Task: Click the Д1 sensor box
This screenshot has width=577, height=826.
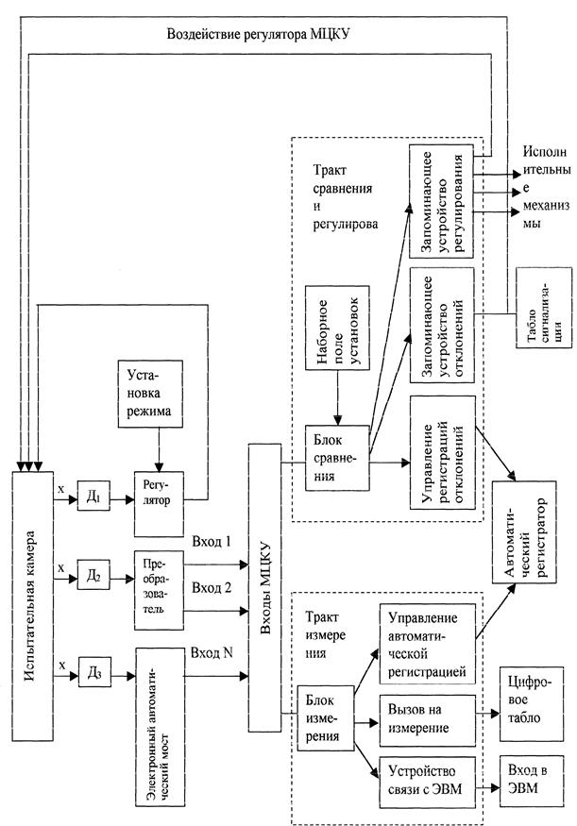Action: click(x=93, y=496)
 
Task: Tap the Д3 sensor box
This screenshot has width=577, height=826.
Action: click(x=94, y=671)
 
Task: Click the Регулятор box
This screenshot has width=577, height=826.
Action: click(x=160, y=503)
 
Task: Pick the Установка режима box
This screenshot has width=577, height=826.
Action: click(x=151, y=394)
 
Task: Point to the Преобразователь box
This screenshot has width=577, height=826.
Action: click(x=160, y=590)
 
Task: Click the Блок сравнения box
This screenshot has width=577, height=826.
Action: click(x=337, y=458)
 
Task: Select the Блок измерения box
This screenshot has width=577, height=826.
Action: click(x=325, y=717)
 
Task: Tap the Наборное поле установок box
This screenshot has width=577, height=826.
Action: click(x=337, y=327)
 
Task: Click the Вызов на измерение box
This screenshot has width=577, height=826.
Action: click(x=428, y=720)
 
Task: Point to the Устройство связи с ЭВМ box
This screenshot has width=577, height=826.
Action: click(x=428, y=782)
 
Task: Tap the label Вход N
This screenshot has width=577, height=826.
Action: click(x=212, y=653)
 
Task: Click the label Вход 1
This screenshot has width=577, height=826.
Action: click(x=212, y=542)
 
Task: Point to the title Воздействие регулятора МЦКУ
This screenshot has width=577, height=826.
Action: click(x=259, y=35)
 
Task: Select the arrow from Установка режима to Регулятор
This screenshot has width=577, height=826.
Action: click(x=159, y=448)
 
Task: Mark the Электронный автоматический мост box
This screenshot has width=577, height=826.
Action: click(x=161, y=727)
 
